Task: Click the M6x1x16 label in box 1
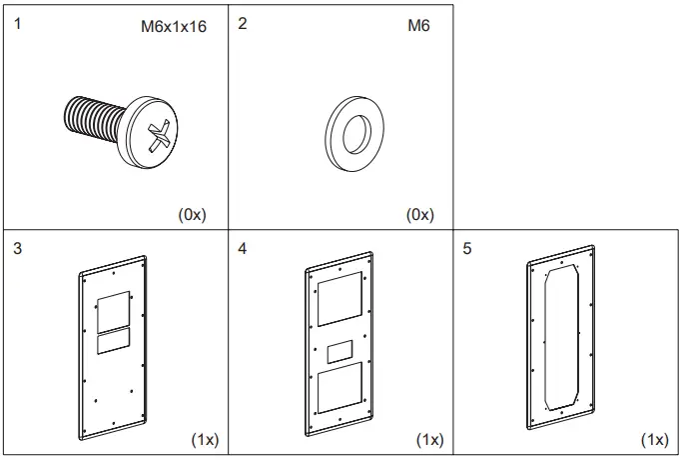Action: pyautogui.click(x=173, y=27)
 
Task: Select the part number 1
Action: pyautogui.click(x=17, y=23)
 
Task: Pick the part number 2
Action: pyautogui.click(x=243, y=23)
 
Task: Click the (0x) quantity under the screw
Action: pyautogui.click(x=192, y=214)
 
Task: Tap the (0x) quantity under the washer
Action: pyautogui.click(x=419, y=214)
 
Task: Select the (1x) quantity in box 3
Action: pyautogui.click(x=205, y=440)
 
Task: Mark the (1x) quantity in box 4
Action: pyautogui.click(x=429, y=440)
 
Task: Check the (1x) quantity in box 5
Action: pyautogui.click(x=655, y=440)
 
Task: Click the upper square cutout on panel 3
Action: pyautogui.click(x=114, y=308)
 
